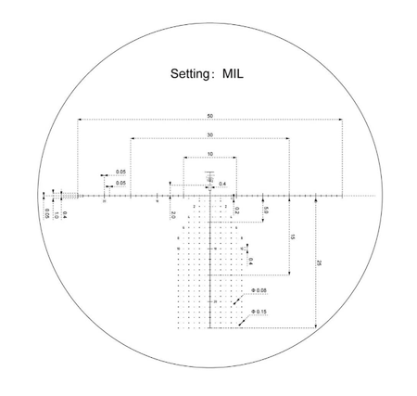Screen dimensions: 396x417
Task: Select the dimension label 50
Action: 211,115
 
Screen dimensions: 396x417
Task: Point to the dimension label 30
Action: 210,134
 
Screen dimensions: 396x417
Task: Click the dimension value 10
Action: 210,154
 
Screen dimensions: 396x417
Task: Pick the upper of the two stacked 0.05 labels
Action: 121,172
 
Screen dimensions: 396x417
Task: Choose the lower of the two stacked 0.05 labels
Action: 121,184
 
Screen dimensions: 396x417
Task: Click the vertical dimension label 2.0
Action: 173,214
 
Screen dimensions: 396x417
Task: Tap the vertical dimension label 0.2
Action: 237,211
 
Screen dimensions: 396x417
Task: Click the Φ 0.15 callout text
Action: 257,312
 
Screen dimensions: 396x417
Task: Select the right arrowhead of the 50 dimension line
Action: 343,120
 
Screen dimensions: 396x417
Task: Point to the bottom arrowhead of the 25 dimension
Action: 317,326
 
